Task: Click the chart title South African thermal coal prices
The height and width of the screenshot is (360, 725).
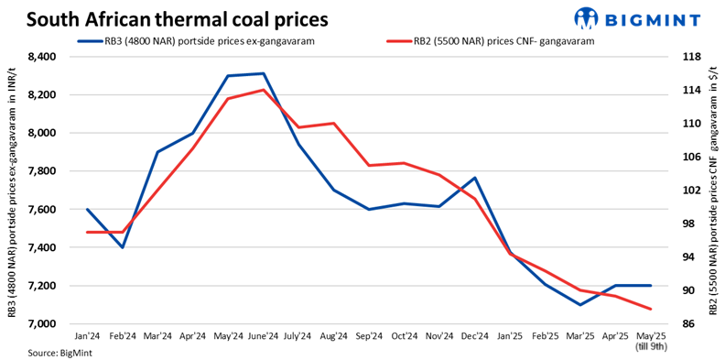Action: tap(179, 17)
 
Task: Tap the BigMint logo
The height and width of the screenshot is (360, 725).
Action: tap(639, 18)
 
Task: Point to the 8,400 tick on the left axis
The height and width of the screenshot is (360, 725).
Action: tap(44, 57)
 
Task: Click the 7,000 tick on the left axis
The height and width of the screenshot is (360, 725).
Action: tap(44, 324)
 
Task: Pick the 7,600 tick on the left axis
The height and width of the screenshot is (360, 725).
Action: tap(44, 210)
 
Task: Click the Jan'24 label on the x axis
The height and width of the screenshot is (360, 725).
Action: tap(88, 336)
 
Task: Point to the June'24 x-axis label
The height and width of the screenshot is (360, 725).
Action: tap(264, 336)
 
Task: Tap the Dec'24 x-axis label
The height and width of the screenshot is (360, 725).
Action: tap(474, 336)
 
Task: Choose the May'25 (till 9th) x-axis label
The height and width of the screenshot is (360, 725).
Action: tap(650, 340)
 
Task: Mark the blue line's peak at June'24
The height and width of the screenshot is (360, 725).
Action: tap(264, 73)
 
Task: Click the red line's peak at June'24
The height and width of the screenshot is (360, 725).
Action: tap(264, 90)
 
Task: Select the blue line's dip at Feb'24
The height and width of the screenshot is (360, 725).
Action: tap(123, 247)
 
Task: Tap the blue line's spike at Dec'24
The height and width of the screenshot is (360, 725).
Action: tap(474, 178)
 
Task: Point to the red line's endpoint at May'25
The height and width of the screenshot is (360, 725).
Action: tap(650, 309)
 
